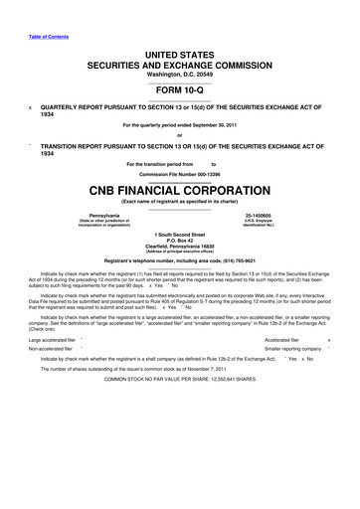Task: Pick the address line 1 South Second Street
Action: (x=179, y=233)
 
